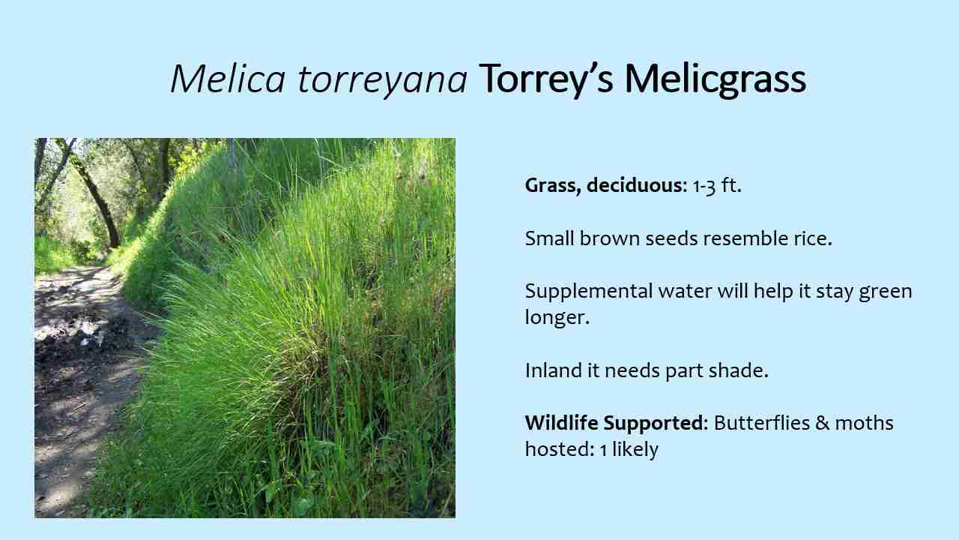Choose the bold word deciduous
pyautogui.click(x=635, y=186)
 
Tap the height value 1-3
pyautogui.click(x=704, y=186)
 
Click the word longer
pyautogui.click(x=557, y=317)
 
